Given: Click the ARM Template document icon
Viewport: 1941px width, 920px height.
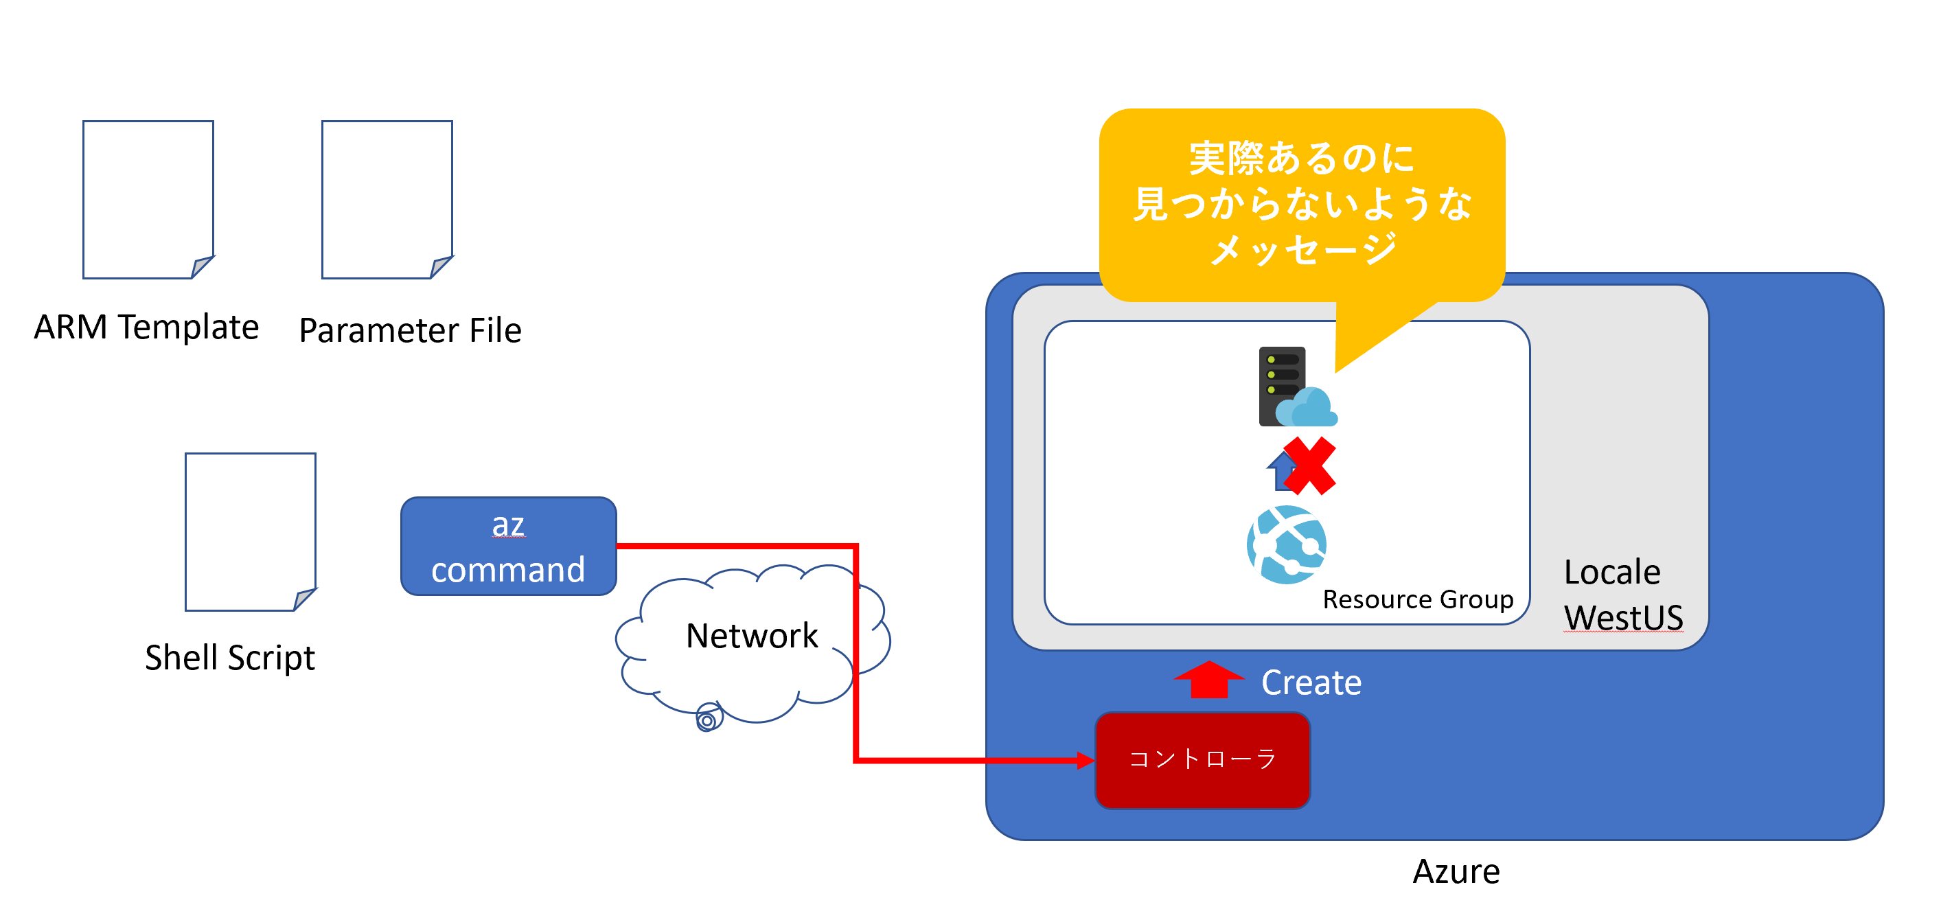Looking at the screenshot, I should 148,199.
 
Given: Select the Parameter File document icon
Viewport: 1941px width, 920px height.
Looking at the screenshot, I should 387,199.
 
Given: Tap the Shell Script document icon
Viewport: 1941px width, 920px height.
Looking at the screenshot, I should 250,531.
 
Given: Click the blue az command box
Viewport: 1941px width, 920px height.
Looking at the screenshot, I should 509,547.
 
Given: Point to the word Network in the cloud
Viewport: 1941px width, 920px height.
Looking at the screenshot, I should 751,635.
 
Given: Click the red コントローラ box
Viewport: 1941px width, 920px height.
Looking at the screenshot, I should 1203,759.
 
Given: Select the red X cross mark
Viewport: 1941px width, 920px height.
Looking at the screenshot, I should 1309,465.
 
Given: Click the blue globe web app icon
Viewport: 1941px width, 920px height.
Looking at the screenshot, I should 1287,544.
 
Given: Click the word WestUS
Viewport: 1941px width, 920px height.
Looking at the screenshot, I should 1623,617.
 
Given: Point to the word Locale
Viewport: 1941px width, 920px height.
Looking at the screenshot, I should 1611,572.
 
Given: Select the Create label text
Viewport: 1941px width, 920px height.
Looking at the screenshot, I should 1311,682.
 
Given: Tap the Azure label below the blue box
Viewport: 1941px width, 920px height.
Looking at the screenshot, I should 1456,872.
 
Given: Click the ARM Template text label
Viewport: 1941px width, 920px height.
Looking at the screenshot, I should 146,327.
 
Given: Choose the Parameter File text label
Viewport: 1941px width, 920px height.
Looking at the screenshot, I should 410,330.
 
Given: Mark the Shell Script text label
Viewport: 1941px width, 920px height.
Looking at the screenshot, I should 230,657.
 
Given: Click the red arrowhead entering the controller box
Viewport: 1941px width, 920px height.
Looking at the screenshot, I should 1086,760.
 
